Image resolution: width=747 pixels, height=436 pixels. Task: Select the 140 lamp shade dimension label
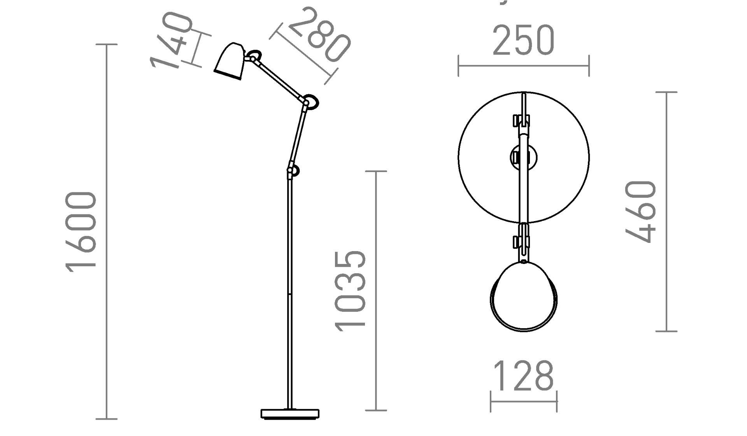171,41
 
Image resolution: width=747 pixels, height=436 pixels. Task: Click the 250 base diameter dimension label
523,40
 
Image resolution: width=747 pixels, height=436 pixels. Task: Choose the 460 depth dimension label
641,212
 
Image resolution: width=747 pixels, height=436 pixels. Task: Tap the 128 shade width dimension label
523,376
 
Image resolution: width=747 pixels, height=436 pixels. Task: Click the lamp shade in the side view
230,61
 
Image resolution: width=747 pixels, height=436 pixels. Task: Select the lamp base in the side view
290,413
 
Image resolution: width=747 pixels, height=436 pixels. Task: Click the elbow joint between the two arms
310,102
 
